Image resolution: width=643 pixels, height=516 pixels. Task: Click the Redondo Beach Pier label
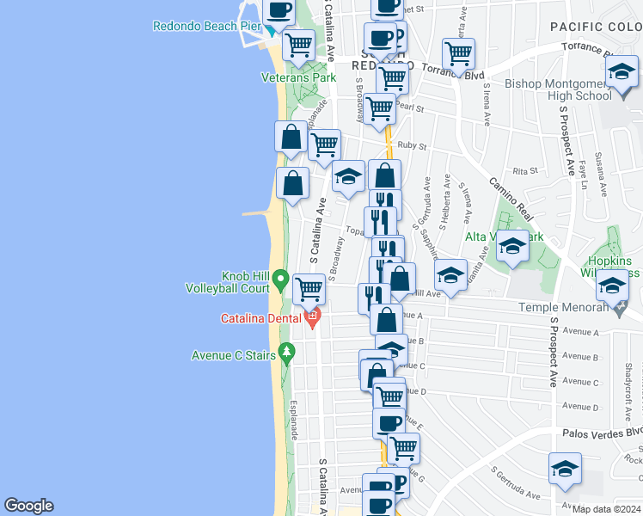click(x=206, y=26)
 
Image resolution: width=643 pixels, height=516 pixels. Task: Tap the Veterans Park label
click(x=298, y=77)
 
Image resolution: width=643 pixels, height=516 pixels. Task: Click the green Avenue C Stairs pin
click(x=287, y=353)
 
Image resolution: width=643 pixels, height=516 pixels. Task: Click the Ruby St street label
click(x=412, y=146)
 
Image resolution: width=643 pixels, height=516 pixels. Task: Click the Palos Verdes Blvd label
click(x=603, y=433)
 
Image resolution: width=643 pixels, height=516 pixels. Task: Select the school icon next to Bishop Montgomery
click(x=621, y=76)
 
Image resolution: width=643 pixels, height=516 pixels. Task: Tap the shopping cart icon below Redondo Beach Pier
click(x=299, y=44)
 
